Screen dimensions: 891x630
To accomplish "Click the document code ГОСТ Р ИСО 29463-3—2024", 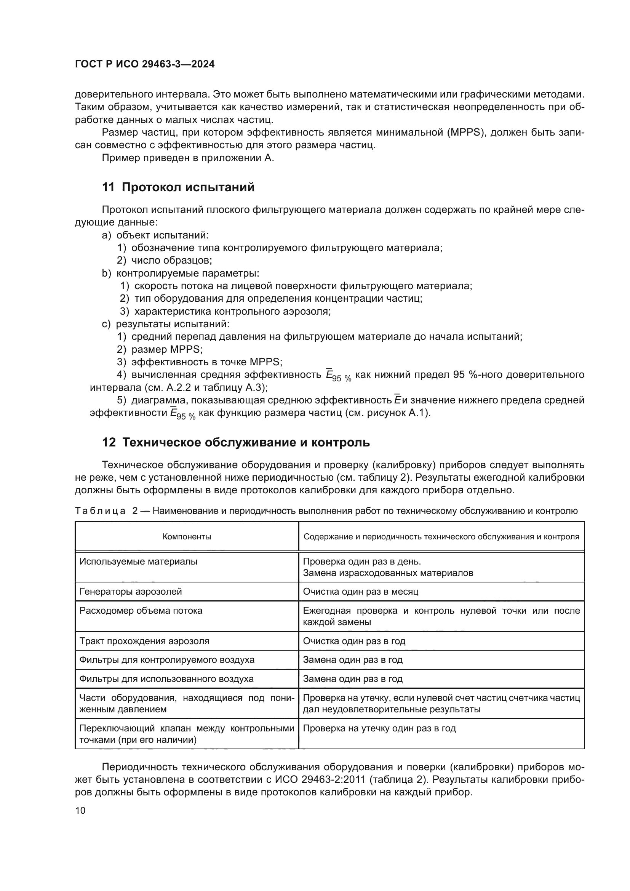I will [x=144, y=64].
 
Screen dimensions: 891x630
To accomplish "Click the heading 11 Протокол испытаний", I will [x=178, y=187].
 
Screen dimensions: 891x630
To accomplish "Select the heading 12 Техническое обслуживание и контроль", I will [x=235, y=442].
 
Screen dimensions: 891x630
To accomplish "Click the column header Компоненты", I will [x=187, y=537].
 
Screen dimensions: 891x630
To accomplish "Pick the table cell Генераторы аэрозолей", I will [x=130, y=592].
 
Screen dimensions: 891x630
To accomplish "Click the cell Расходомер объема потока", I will [x=141, y=611].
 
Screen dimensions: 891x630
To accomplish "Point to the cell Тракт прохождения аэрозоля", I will [x=144, y=641].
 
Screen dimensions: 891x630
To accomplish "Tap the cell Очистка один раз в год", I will [x=354, y=641].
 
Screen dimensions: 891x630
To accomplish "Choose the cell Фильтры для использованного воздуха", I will [x=166, y=679].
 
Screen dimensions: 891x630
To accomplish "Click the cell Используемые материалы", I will [x=138, y=561].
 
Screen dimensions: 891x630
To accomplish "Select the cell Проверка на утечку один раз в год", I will [x=379, y=728].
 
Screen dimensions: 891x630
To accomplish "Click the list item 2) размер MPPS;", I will [x=160, y=349].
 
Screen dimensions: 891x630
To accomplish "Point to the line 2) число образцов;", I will [x=165, y=261].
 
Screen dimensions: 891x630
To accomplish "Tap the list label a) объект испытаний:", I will [x=155, y=235].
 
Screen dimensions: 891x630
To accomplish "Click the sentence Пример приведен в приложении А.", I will [x=188, y=158].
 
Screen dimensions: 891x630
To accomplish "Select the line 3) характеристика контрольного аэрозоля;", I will [x=225, y=311].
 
